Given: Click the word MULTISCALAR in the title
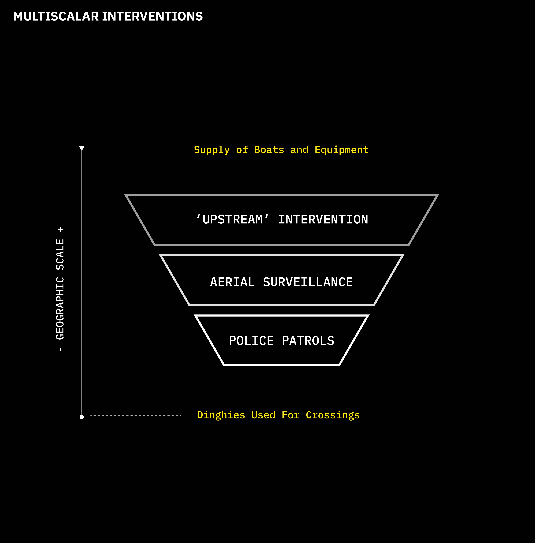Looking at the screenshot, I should (x=56, y=17).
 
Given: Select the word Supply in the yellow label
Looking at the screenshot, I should (x=212, y=150).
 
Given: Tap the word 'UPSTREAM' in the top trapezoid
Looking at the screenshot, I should (x=232, y=219).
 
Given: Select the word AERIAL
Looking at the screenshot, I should (x=232, y=282).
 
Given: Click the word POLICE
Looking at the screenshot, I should (x=251, y=341).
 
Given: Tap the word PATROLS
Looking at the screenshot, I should (x=308, y=341).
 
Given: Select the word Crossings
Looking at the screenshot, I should (x=333, y=415).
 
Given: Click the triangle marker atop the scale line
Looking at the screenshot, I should (x=82, y=148).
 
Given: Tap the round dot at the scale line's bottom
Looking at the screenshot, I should (x=82, y=417).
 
